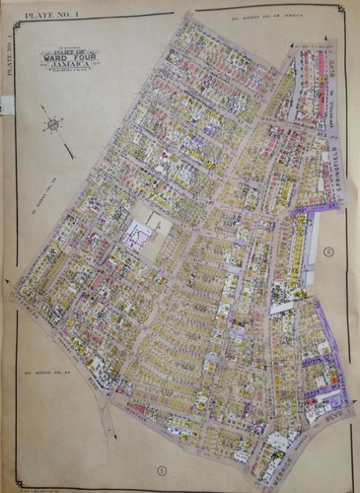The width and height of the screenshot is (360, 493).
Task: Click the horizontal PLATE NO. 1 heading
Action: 36,15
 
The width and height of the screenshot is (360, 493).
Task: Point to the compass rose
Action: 53,125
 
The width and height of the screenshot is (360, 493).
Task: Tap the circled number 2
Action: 329,251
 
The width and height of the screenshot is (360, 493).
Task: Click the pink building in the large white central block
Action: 136,234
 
